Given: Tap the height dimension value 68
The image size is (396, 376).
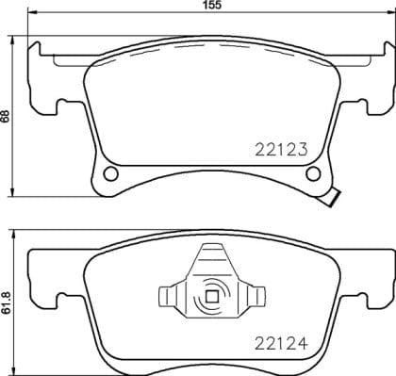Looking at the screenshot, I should pos(7,117).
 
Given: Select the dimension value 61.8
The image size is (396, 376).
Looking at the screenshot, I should pos(7,303).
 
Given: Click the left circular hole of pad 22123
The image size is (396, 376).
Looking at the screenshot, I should pos(111,174).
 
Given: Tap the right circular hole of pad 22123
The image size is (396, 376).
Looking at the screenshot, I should pos(315,174).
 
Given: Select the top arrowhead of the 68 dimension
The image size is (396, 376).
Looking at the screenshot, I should pos(12,42).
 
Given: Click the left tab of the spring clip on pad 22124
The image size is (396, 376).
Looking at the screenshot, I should pos(172,296).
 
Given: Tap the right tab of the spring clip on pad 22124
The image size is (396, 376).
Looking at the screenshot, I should pos(253,296).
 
